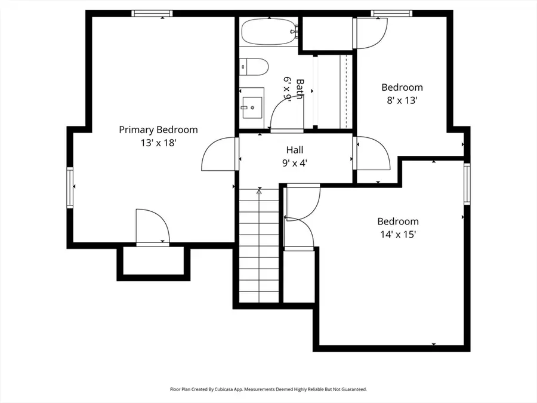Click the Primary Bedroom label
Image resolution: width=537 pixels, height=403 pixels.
tap(158, 130)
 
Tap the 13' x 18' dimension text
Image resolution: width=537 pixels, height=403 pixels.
tap(158, 143)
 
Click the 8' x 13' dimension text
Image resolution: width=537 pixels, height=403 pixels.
tap(402, 100)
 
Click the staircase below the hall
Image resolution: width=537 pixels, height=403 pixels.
tap(260, 245)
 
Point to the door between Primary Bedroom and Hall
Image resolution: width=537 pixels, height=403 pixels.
tap(221, 154)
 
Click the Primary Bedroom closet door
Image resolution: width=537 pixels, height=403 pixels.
tap(152, 227)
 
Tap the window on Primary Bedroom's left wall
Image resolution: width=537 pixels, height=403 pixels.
tap(70, 187)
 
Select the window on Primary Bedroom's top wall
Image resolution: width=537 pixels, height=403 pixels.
tap(152, 13)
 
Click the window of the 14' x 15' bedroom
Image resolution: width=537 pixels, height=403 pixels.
tap(467, 183)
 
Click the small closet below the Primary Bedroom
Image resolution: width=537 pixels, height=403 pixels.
tap(153, 261)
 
